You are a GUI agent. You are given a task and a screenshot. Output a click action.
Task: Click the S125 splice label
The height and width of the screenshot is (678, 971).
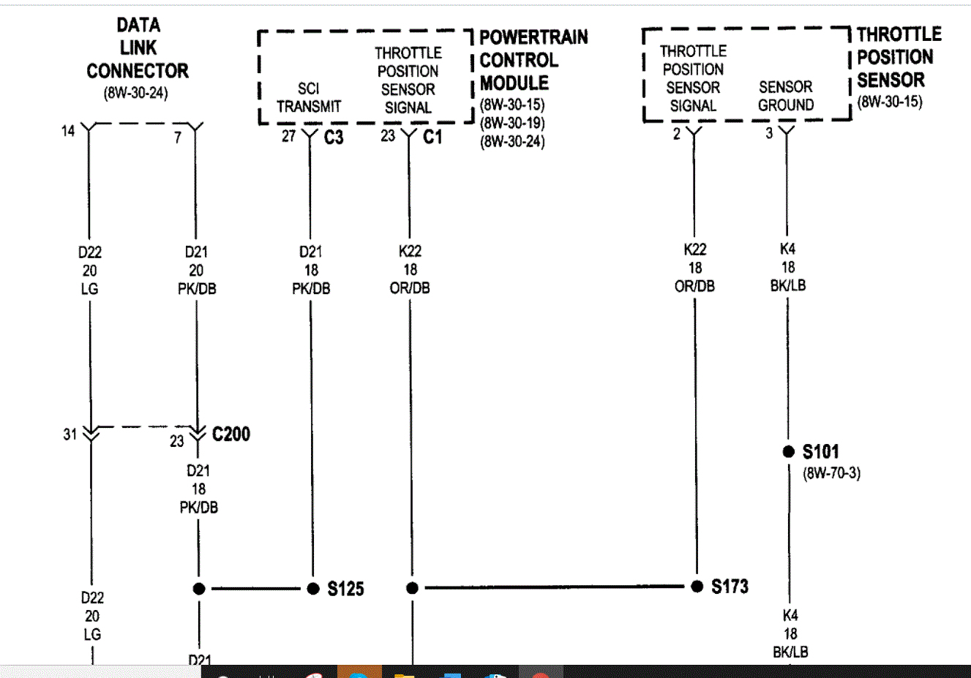345,589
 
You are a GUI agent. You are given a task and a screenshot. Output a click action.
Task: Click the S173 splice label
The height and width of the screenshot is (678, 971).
730,586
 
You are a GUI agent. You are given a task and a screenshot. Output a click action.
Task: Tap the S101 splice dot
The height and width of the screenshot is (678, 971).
788,451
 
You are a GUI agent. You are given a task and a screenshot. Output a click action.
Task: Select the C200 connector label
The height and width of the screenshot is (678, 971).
231,434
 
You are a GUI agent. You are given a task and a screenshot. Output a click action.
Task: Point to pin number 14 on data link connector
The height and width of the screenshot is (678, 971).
68,131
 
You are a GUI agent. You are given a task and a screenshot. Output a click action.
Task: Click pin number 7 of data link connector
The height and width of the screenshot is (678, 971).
178,137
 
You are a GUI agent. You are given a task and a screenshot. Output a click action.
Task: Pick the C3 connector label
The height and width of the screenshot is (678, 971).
334,138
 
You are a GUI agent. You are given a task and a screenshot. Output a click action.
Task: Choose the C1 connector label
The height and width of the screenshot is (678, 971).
432,137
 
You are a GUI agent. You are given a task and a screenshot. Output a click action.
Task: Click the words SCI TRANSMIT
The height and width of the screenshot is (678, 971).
309,97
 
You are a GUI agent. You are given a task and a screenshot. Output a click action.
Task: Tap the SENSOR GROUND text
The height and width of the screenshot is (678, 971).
786,96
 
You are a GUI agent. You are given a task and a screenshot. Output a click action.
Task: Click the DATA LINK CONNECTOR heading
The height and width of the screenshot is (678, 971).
138,48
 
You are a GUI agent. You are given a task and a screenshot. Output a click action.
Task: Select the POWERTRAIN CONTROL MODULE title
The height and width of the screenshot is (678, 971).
533,60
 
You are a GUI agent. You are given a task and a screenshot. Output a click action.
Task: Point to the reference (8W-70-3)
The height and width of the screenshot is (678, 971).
832,472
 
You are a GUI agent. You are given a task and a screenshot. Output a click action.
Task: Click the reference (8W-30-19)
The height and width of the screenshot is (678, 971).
512,123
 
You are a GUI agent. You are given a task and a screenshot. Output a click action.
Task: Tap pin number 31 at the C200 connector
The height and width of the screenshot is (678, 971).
70,434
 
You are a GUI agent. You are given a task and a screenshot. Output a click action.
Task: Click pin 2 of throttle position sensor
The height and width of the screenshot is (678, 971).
677,134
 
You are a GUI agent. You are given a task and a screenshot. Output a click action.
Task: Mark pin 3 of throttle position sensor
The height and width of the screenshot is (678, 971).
769,133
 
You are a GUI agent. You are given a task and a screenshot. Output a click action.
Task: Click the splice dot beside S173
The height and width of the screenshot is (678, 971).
697,586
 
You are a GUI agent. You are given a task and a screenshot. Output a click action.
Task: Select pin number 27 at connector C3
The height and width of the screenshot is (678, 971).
289,136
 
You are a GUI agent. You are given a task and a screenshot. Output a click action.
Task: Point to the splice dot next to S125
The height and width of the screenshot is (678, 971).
313,588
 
